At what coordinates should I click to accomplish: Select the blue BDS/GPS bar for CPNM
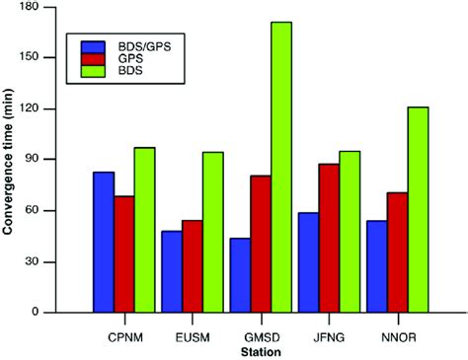pos(104,242)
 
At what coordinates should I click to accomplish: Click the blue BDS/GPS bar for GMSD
pos(239,275)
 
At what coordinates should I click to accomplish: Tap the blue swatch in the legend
pos(94,47)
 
